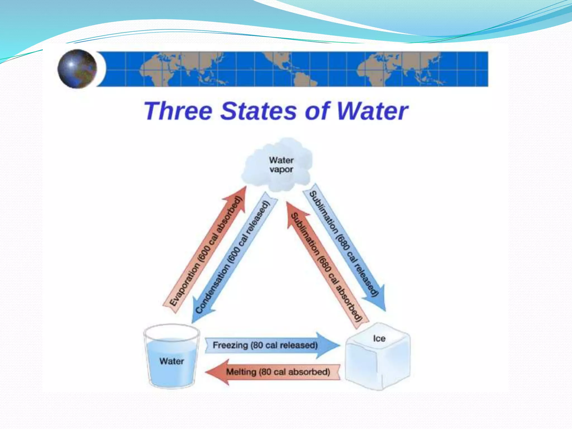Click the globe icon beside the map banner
pos(77,69)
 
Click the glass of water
pos(171,356)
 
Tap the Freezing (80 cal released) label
pos(265,345)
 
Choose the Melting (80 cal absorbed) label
pos(278,372)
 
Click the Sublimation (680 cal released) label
pos(344,243)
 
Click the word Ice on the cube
pos(379,339)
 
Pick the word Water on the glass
pos(171,361)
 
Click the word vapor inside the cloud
pos(281,170)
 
